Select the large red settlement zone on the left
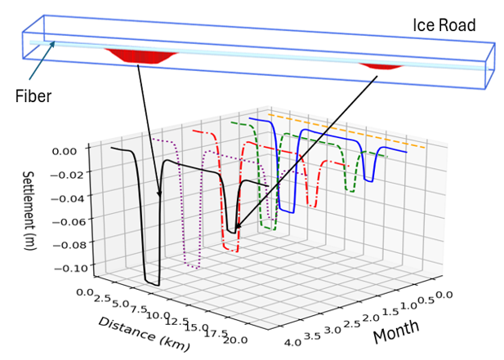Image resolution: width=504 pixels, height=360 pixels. [x=140, y=56]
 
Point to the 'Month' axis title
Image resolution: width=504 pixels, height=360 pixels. [x=396, y=330]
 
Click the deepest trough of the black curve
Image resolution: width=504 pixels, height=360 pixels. [x=152, y=282]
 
